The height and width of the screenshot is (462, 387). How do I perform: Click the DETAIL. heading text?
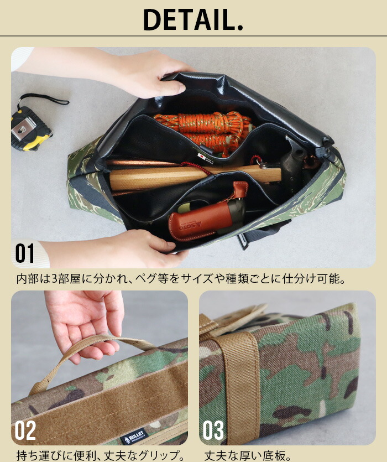pos(193,19)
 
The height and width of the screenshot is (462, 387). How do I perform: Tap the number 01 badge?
pos(25,253)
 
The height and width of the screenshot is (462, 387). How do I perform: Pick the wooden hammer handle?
pos(195,177)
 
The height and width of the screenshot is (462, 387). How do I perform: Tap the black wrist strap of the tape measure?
pos(44,98)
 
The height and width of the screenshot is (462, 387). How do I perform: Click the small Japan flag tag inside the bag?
pos(202,157)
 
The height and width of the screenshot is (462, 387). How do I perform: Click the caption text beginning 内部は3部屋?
pos(181,279)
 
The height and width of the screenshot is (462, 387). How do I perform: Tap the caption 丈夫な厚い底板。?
pos(247,455)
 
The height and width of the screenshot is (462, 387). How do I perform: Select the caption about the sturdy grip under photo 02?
pos(100,455)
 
